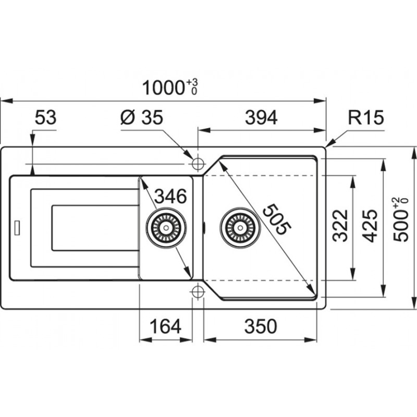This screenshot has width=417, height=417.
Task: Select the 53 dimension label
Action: point(45,117)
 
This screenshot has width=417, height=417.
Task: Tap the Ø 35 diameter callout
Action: point(141,117)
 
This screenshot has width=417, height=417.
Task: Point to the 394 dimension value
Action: point(261,117)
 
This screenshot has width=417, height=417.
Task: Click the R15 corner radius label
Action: point(366,117)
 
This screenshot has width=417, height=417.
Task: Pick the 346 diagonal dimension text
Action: point(170,197)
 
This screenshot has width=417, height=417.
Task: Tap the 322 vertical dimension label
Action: point(340,226)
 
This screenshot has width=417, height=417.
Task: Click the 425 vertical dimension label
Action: point(370,226)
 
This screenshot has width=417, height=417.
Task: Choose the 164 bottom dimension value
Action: point(165,326)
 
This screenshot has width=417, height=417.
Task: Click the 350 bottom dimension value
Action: point(261,326)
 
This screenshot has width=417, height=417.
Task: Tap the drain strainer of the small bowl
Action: point(166,228)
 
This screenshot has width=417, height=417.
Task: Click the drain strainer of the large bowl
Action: point(240,228)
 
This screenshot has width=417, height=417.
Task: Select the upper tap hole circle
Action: point(198,164)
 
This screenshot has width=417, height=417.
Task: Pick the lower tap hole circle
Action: point(198,292)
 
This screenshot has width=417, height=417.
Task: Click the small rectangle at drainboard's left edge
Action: point(17,228)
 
